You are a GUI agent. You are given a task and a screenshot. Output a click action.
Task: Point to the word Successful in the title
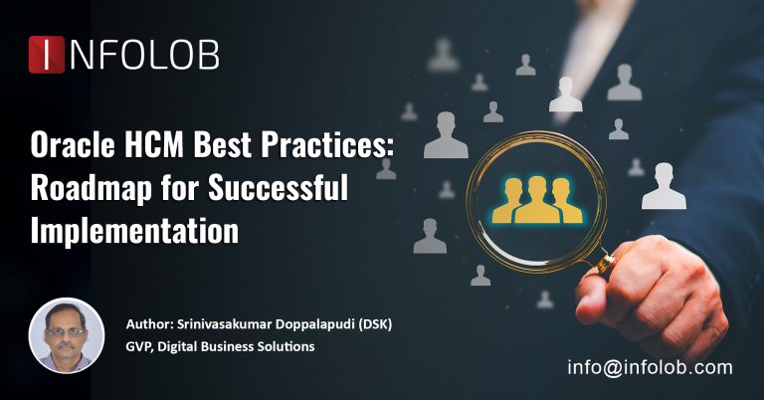272,189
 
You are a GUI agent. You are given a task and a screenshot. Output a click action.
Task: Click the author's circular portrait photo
67,335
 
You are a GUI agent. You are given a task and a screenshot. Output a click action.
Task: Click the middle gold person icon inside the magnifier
536,198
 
